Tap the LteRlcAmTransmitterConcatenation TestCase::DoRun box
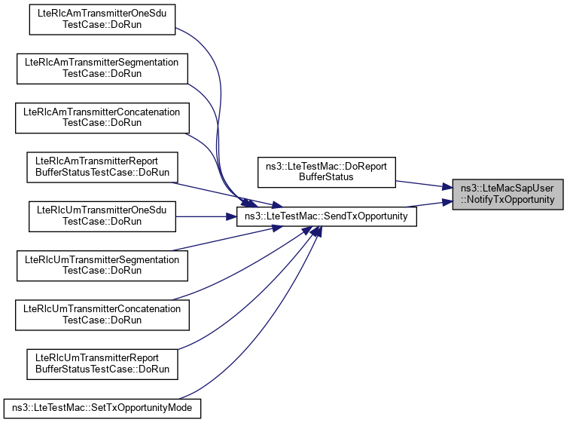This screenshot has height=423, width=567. [102, 117]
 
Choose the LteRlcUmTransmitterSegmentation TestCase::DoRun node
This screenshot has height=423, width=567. [102, 265]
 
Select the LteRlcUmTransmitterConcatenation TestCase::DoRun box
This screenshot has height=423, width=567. [102, 314]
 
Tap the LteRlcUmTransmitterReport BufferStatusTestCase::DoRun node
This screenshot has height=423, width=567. [102, 363]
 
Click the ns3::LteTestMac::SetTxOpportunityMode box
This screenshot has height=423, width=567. [102, 408]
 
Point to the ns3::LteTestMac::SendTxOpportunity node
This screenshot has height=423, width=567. [326, 216]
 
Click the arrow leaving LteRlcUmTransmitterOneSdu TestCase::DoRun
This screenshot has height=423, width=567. [203, 216]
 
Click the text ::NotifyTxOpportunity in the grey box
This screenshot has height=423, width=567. [508, 200]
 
